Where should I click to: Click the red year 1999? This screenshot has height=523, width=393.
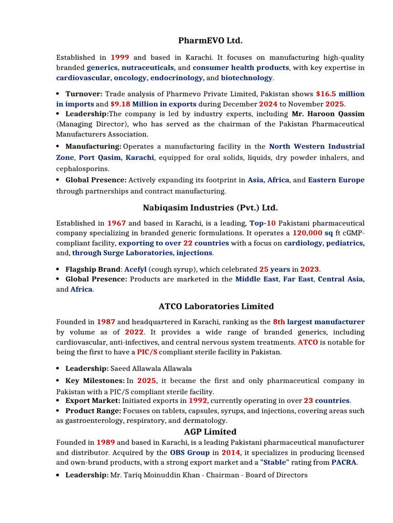(x=120, y=58)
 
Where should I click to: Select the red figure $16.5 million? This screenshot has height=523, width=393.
(x=340, y=94)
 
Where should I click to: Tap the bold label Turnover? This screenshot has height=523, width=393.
(x=84, y=94)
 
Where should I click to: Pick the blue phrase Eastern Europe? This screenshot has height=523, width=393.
(x=336, y=180)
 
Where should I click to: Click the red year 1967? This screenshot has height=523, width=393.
(x=117, y=223)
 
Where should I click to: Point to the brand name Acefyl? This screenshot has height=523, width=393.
(x=135, y=269)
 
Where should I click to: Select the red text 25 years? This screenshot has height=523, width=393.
(x=274, y=269)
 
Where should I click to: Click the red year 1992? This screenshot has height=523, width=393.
(x=198, y=400)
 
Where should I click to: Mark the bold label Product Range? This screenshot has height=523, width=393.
(x=93, y=411)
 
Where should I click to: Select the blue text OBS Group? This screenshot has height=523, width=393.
(x=190, y=453)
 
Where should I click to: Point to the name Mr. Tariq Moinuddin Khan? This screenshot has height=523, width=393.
(x=152, y=475)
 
